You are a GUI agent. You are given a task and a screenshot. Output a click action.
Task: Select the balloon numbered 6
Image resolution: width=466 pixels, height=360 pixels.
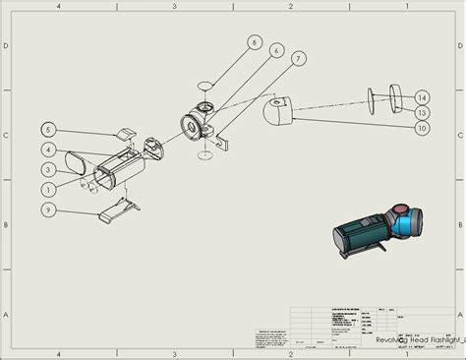(277, 50)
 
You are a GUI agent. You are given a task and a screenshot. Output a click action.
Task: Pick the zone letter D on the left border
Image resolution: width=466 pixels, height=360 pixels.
(7, 46)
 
